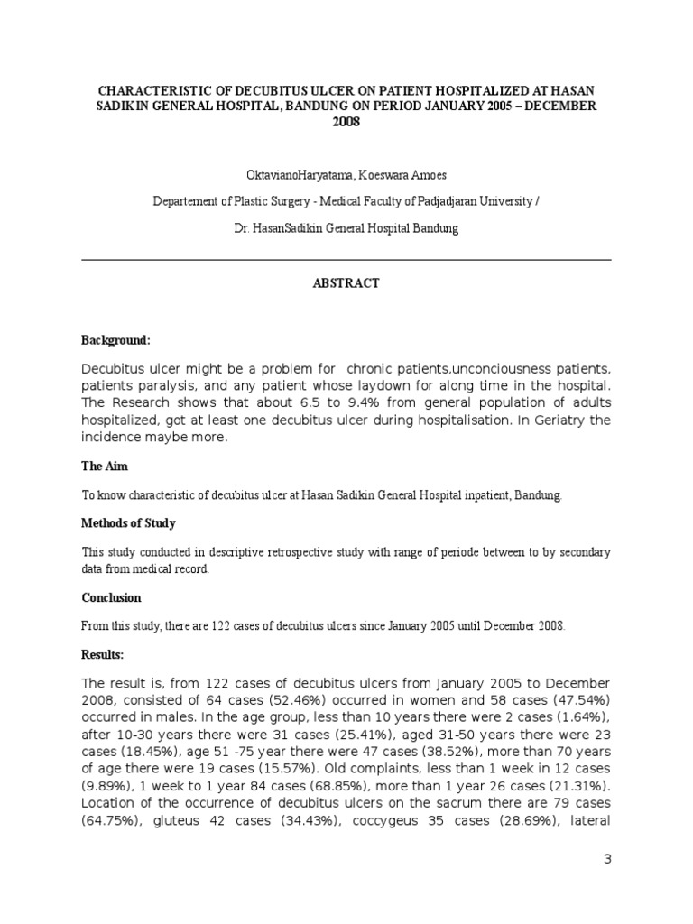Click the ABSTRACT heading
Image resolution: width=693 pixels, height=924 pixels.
tap(346, 283)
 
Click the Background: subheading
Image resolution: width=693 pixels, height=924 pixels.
tap(115, 341)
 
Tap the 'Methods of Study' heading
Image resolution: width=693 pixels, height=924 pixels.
tap(128, 523)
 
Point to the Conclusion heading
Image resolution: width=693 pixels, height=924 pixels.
tap(111, 598)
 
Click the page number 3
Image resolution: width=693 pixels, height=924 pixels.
tap(607, 860)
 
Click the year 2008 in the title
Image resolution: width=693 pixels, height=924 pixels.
tap(346, 122)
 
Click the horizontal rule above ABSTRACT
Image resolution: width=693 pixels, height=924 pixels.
tap(346, 259)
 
